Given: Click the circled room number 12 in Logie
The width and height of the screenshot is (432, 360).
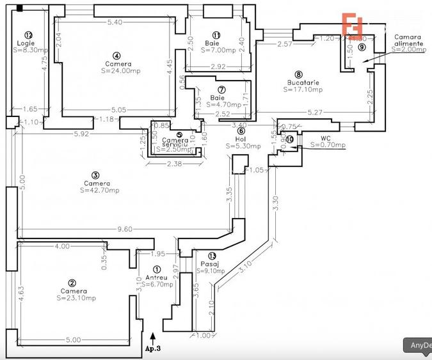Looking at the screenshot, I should coord(28,35).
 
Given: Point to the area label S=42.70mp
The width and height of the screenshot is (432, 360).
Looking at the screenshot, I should coord(97,190).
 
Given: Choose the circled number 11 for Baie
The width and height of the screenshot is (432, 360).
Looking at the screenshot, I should coord(216,35).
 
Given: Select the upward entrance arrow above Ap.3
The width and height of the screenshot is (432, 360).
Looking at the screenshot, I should coord(152,336).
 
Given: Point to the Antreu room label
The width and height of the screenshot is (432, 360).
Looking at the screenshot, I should coord(157,277).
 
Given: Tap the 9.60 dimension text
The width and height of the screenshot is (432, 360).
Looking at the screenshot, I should coord(124,229).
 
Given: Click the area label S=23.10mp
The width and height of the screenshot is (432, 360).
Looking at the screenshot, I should coord(74,297).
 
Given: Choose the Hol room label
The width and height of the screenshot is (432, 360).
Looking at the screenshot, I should coord(241,138).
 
